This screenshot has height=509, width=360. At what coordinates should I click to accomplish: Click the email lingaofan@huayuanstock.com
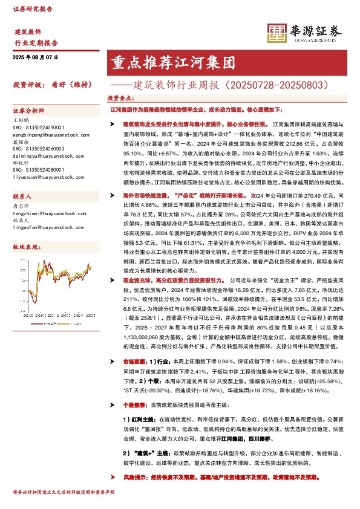click(x=44, y=227)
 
